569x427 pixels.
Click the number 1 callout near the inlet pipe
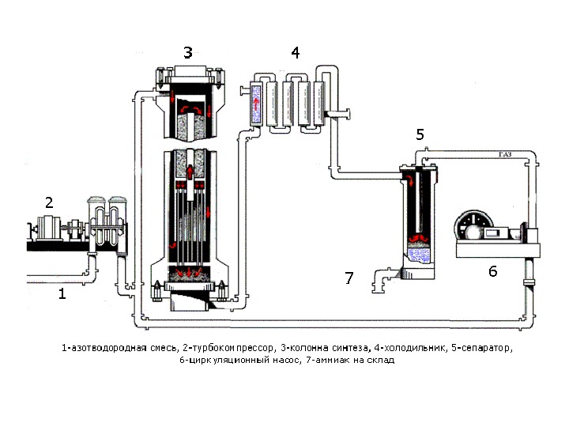tap(62, 294)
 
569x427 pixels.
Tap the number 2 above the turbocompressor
tap(49, 202)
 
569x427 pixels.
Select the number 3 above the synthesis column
tap(187, 53)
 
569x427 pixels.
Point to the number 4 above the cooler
tap(295, 53)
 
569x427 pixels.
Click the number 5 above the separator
tap(420, 134)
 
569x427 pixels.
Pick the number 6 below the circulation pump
tap(492, 271)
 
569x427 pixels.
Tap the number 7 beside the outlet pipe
tap(349, 278)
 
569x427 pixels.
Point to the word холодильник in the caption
tap(405, 348)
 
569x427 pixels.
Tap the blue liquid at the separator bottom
tap(419, 255)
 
